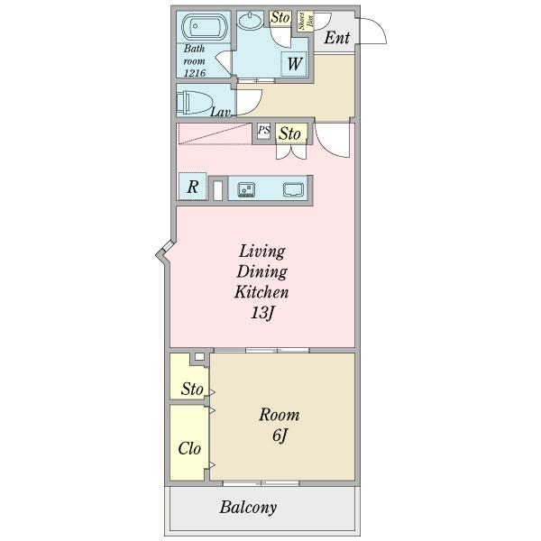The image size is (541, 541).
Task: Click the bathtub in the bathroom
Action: pyautogui.click(x=204, y=26)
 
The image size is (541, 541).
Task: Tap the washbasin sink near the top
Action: pyautogui.click(x=251, y=20)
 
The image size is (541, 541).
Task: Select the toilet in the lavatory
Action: pyautogui.click(x=194, y=103)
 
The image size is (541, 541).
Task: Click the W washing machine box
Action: pyautogui.click(x=294, y=63)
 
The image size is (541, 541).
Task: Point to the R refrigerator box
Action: pyautogui.click(x=193, y=187)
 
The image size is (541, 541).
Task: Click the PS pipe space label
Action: pyautogui.click(x=264, y=131)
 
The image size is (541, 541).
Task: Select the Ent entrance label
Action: pyautogui.click(x=337, y=38)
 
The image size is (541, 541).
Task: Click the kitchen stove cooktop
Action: pyautogui.click(x=246, y=189)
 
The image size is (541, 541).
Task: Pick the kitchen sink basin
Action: pyautogui.click(x=294, y=189)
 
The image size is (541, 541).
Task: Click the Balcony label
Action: pyautogui.click(x=248, y=508)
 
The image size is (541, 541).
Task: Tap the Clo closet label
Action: pyautogui.click(x=189, y=448)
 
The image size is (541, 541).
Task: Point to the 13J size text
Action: pyautogui.click(x=262, y=313)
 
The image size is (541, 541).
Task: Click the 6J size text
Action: pyautogui.click(x=280, y=436)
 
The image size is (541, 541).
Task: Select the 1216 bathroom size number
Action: pyautogui.click(x=195, y=73)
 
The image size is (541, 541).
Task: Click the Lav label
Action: pyautogui.click(x=221, y=112)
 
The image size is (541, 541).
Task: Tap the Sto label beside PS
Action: pyautogui.click(x=289, y=133)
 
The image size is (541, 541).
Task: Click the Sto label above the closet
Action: pyautogui.click(x=192, y=389)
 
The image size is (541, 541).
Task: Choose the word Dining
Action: pyautogui.click(x=262, y=271)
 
